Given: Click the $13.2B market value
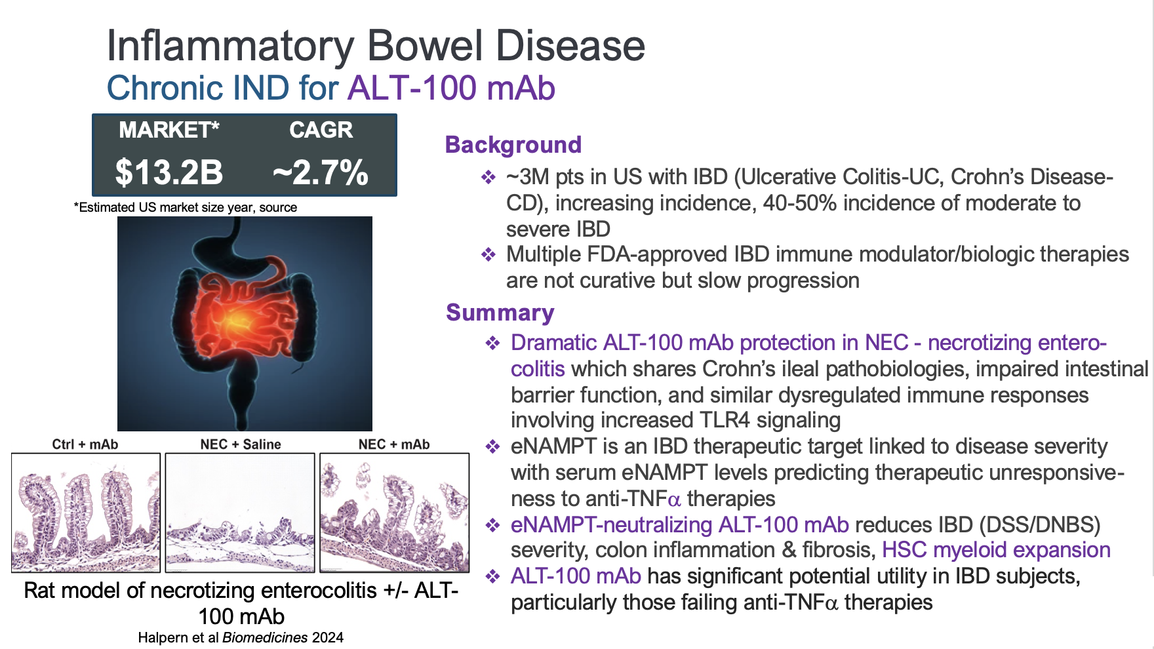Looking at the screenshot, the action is click(x=169, y=172).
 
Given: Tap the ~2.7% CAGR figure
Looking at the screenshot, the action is click(x=321, y=172).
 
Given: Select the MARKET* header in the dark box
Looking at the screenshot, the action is click(x=169, y=130).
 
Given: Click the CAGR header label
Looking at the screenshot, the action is click(x=321, y=130).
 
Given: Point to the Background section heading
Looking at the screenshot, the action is click(x=513, y=145).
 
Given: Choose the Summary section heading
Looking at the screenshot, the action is click(x=500, y=313).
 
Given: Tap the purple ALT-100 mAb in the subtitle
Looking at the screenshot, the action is click(x=452, y=88).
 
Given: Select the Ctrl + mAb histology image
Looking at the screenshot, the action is click(x=86, y=513).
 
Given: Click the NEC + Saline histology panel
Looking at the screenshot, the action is click(x=240, y=513).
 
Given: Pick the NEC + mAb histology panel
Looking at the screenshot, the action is click(x=395, y=513).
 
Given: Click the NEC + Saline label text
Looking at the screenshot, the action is click(x=241, y=444).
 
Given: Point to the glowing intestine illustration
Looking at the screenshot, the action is click(x=245, y=324).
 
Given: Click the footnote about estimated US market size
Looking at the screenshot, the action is click(x=186, y=208).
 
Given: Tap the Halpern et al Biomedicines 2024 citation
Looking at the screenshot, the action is click(x=241, y=638).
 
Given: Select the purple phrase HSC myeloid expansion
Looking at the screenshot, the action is click(x=996, y=550).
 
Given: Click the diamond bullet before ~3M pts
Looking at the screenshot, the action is click(x=488, y=178).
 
